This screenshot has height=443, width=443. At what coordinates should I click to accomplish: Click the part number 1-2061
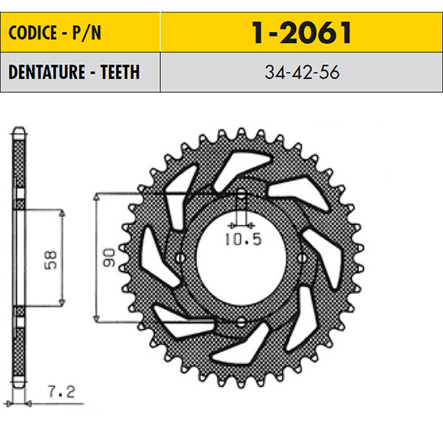point(301,32)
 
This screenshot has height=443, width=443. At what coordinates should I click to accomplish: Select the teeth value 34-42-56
point(302,72)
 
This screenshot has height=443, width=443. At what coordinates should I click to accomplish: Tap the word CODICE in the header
point(32,32)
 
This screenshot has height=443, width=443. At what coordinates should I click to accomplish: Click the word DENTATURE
point(47,72)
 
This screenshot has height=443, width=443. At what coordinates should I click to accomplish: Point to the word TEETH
point(120,72)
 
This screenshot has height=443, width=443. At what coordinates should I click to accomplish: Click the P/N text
point(86,33)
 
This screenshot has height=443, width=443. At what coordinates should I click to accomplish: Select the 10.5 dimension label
point(244,239)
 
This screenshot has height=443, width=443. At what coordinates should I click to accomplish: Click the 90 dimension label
point(109,258)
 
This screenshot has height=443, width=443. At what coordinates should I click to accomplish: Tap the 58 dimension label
point(51,260)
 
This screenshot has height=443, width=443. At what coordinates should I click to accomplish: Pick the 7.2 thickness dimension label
point(61,392)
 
